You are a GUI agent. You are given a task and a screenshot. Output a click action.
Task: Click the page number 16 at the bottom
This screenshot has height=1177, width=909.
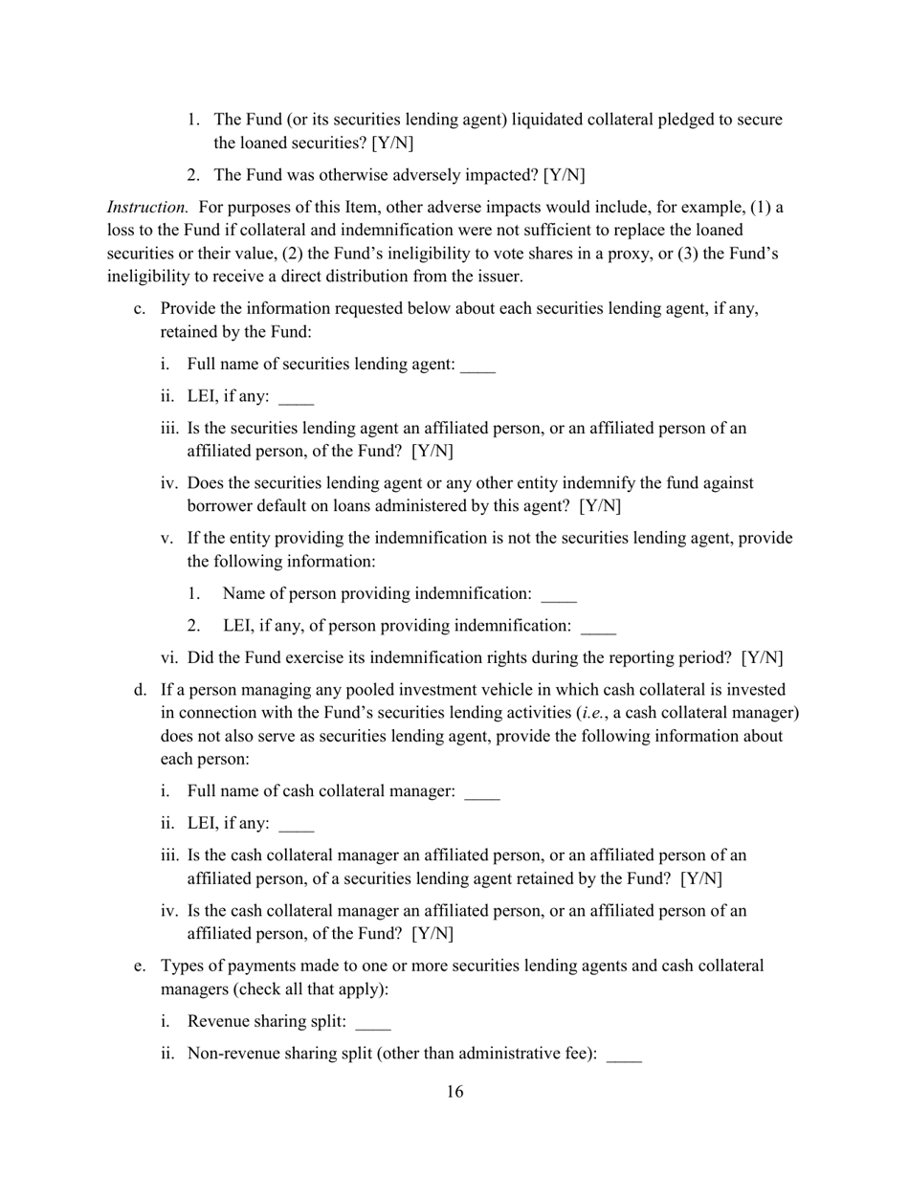click(454, 1092)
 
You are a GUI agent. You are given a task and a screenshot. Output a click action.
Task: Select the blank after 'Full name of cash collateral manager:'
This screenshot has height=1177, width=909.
click(481, 792)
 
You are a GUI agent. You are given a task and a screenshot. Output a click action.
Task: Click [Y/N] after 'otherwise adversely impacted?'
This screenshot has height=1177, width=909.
click(565, 175)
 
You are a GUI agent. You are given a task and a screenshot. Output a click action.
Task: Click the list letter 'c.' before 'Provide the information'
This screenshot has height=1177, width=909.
click(140, 309)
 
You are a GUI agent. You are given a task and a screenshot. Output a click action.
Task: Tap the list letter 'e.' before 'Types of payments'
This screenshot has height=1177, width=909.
click(140, 966)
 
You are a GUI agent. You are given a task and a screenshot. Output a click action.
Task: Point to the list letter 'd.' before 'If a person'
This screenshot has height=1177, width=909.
click(140, 690)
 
